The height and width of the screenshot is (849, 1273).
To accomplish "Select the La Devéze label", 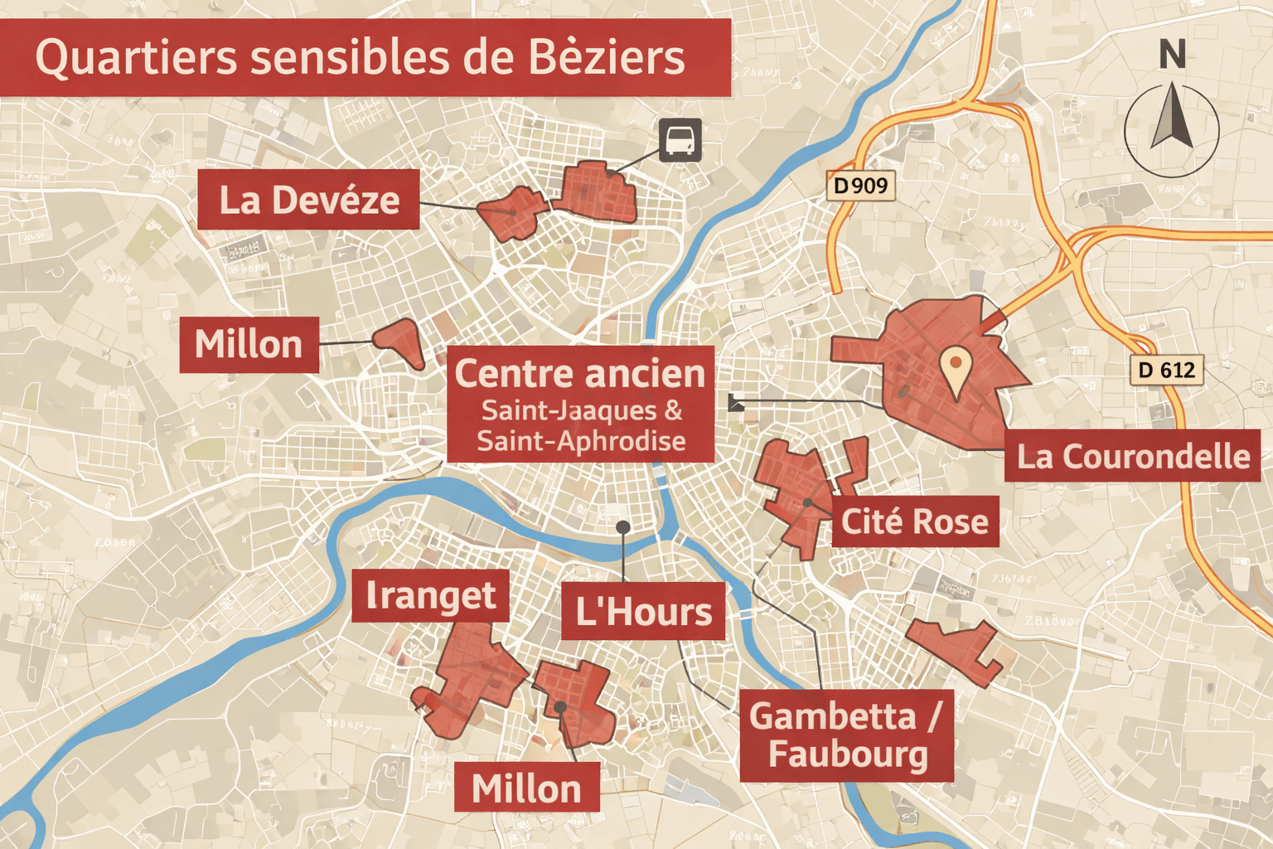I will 308,200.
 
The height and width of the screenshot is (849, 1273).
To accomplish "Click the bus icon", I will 680,139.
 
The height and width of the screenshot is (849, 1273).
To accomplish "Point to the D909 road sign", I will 861,186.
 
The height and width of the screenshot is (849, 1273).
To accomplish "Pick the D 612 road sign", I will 1166,370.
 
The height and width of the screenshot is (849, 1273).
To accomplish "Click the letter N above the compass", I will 1172,56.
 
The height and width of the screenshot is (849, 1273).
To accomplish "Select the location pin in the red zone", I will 956,369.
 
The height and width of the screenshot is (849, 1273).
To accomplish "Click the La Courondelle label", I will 1133,456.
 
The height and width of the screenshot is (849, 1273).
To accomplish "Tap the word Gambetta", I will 833,716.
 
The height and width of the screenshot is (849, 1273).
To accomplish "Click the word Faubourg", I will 848,754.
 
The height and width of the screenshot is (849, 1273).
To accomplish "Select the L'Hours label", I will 643,612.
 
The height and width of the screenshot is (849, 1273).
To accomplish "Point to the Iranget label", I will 430,595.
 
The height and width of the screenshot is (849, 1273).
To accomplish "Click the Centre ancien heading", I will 580,374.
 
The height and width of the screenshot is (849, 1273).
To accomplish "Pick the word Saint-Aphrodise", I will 581,440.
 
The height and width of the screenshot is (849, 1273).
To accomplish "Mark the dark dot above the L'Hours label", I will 623,527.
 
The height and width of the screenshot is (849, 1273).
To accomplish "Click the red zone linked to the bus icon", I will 595,192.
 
